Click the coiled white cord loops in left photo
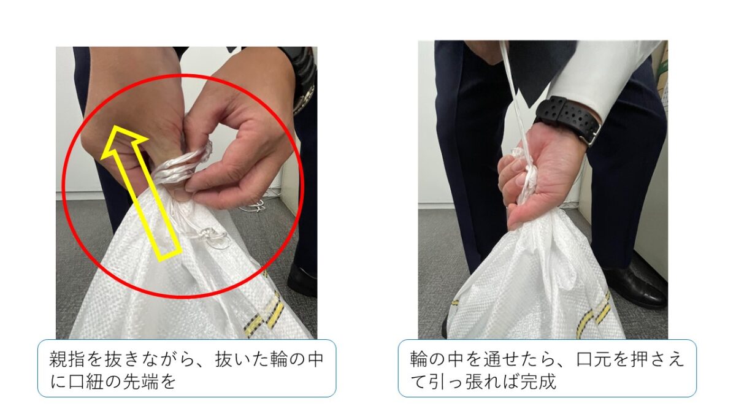coord(182,166)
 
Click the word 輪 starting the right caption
coord(419,359)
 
